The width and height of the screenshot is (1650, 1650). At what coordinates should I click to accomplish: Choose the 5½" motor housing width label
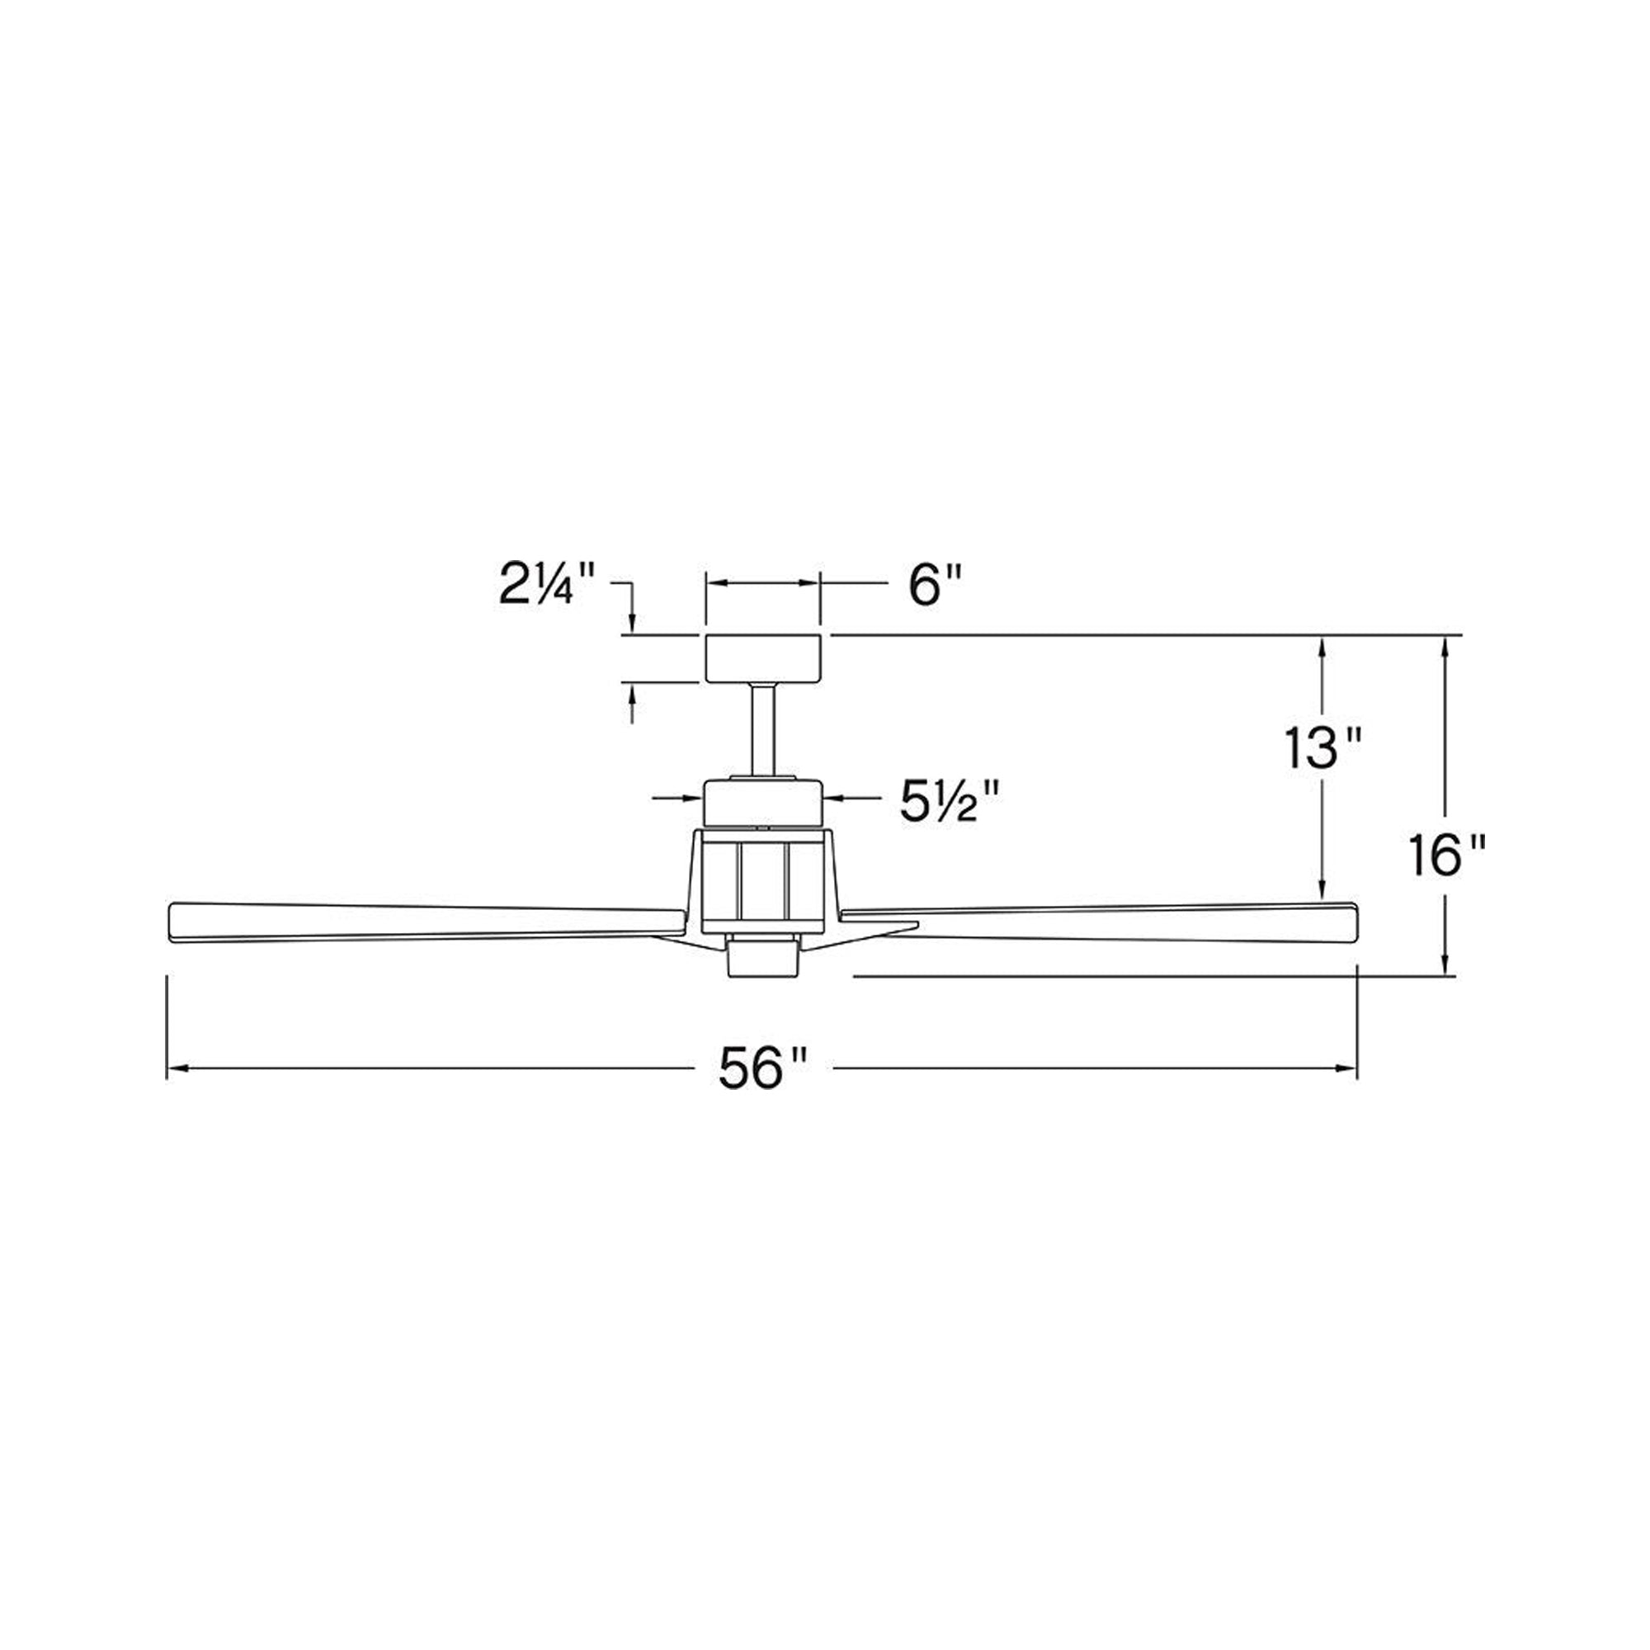(x=950, y=800)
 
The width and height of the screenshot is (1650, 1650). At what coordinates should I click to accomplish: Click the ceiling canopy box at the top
(x=762, y=658)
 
